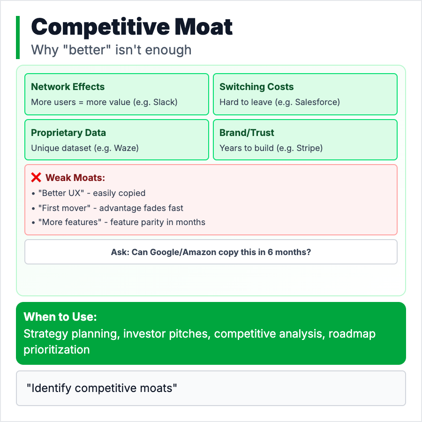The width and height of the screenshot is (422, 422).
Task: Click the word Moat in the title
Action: coord(203,27)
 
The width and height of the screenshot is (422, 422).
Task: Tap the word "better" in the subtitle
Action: coord(87,50)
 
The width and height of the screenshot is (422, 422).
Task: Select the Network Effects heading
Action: coord(68,87)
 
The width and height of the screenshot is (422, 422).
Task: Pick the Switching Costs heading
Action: coord(256,87)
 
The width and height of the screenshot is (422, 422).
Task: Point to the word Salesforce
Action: coord(316,102)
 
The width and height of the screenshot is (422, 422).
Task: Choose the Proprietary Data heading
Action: coord(68,133)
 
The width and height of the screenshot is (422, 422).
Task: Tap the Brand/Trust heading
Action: coord(247,133)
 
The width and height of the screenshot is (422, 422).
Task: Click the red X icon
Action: coord(36,177)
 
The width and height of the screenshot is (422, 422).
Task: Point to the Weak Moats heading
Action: coord(75,178)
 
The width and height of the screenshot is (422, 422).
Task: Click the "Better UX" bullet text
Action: coord(92,193)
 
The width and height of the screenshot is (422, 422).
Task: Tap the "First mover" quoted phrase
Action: coord(64,208)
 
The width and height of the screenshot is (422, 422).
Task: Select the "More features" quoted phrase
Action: coord(70,222)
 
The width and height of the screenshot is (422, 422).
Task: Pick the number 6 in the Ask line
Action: coord(270,252)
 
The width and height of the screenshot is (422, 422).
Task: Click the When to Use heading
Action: coord(60,317)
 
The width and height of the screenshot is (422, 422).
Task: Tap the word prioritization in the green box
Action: coord(57,350)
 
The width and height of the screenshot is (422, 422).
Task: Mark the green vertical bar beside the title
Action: coord(18,38)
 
